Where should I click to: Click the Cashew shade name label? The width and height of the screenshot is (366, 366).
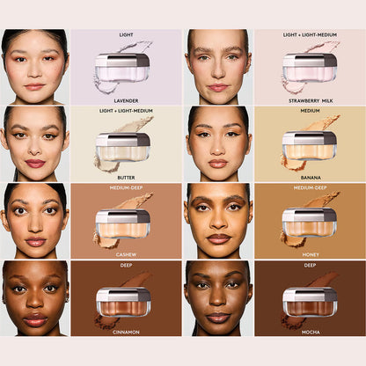[x=126, y=254]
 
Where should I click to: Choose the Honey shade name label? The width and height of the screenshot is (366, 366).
[x=310, y=254]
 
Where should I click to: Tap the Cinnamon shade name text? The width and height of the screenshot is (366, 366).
[x=126, y=331]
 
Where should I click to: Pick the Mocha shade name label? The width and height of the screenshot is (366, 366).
[x=310, y=331]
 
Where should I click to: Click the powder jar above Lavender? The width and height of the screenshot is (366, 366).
[x=122, y=70]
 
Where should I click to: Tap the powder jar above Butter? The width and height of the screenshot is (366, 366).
[x=122, y=148]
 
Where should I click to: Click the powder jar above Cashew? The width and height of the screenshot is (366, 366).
[x=122, y=224]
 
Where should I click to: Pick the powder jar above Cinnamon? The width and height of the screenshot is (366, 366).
[x=122, y=302]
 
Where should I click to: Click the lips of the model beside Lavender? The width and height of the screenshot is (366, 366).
[x=34, y=86]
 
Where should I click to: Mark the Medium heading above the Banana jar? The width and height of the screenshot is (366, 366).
[x=310, y=111]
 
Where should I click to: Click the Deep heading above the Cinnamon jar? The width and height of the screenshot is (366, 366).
[x=126, y=264]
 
